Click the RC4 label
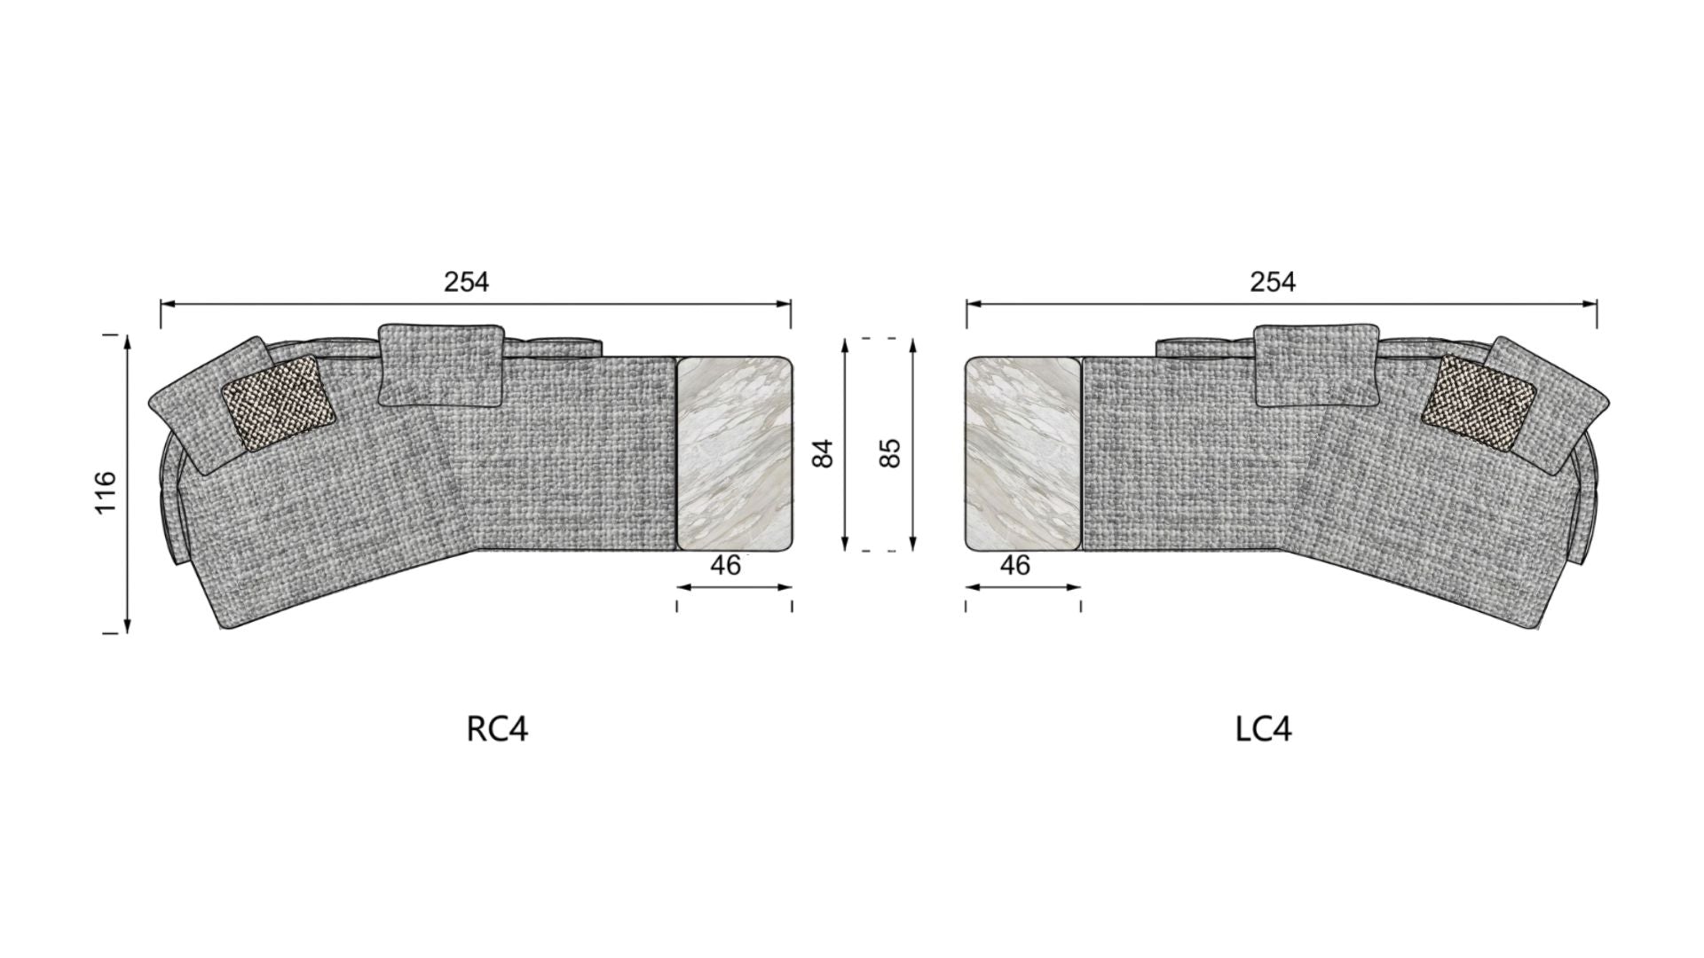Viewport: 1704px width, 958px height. (497, 729)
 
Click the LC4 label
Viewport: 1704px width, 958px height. (1263, 729)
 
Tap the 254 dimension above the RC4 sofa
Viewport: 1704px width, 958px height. (466, 282)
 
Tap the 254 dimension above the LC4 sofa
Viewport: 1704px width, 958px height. (1273, 282)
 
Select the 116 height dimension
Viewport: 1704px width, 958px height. (105, 492)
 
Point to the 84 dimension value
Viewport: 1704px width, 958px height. (824, 453)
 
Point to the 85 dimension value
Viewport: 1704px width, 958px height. (893, 453)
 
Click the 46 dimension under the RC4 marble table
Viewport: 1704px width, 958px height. (726, 565)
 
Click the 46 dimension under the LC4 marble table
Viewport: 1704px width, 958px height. (1014, 565)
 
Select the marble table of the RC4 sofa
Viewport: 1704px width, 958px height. (734, 453)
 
